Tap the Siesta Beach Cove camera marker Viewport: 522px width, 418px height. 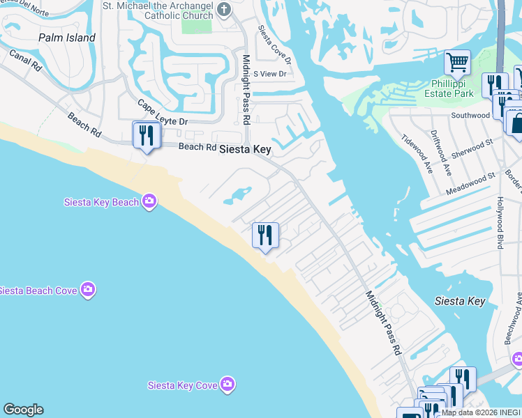pyautogui.click(x=87, y=289)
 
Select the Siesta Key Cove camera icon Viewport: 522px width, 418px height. pyautogui.click(x=228, y=384)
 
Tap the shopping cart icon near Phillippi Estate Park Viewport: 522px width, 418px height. pyautogui.click(x=457, y=62)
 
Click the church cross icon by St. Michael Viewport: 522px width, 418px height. pyautogui.click(x=224, y=10)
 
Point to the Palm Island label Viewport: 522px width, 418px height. pyautogui.click(x=67, y=38)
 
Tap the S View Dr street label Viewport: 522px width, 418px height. pyautogui.click(x=270, y=73)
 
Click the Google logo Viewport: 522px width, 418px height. pyautogui.click(x=23, y=410)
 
